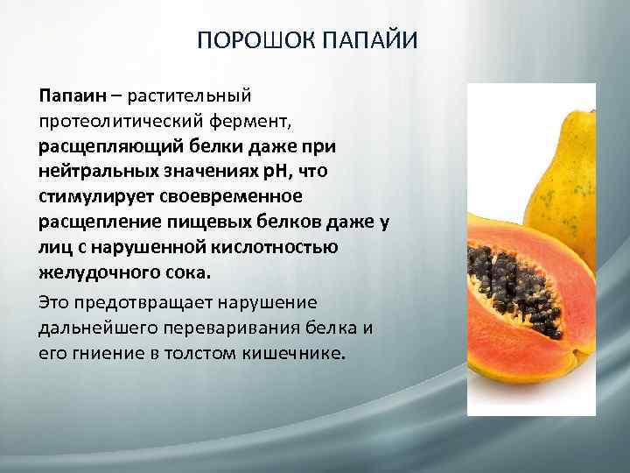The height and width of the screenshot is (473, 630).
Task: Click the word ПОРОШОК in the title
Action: (254, 41)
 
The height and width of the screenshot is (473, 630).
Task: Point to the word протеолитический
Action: (117, 116)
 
